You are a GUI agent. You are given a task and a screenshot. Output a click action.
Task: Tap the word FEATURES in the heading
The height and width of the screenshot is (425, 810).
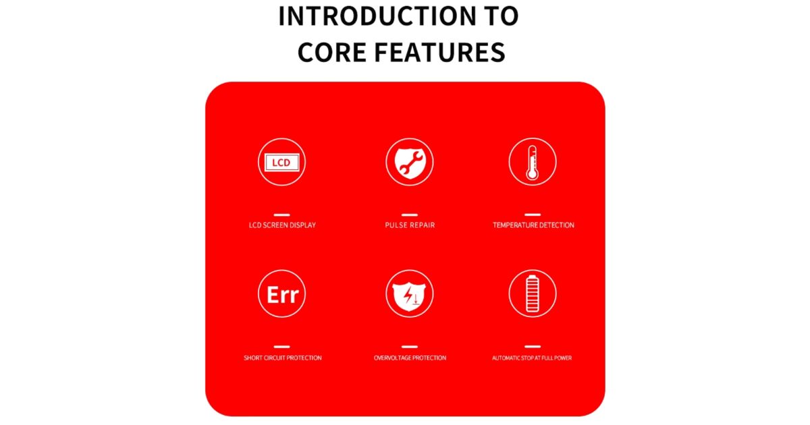(x=439, y=53)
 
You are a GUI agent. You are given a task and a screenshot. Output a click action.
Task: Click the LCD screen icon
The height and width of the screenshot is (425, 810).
(x=281, y=163)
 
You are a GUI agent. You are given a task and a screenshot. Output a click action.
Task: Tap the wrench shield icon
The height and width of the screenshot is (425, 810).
(x=409, y=163)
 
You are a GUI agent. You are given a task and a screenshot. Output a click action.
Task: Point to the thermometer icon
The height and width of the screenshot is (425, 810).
(x=533, y=162)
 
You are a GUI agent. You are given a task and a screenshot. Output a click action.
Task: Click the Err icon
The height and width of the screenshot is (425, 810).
(x=281, y=294)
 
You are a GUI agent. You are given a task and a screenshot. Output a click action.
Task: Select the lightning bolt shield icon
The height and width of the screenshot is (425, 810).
(x=409, y=294)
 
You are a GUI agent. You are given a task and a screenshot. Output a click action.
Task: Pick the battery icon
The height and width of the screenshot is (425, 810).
(x=533, y=294)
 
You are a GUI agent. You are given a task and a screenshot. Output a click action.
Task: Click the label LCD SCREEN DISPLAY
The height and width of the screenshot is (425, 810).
(x=282, y=225)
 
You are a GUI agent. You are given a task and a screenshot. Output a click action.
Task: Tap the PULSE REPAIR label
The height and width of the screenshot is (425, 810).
(x=410, y=225)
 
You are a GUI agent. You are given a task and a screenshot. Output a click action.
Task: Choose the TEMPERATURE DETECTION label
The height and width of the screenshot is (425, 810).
(x=533, y=225)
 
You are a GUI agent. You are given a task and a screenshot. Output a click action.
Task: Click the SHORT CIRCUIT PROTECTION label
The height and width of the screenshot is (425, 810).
(x=282, y=358)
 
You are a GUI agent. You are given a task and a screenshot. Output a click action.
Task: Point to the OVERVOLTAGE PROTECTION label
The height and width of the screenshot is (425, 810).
(x=410, y=358)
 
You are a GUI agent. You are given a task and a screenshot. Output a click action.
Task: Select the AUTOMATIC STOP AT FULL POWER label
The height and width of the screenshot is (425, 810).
(x=532, y=358)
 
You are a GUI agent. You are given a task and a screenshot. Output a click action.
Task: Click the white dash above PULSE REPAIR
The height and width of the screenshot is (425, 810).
(x=409, y=215)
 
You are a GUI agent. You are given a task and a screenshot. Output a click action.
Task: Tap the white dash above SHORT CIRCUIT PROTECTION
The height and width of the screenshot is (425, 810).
(x=281, y=347)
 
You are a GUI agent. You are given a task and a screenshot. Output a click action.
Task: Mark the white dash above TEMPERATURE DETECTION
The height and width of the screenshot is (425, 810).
(x=533, y=215)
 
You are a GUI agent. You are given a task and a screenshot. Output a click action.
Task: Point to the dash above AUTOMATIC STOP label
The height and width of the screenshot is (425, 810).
(x=533, y=346)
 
